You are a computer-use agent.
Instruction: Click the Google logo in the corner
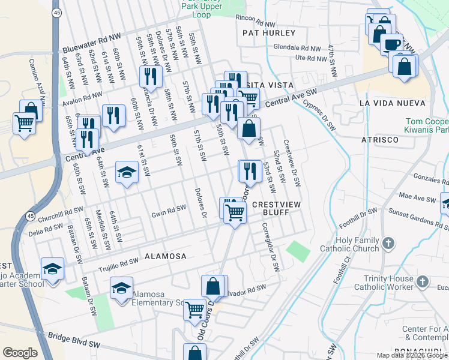pos(20,353)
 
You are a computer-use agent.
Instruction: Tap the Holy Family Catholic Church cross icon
pos(388,243)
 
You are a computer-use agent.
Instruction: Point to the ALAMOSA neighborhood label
pos(164,256)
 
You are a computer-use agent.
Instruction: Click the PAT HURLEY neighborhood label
pos(269,33)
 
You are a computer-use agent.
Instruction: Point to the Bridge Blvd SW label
pos(74,343)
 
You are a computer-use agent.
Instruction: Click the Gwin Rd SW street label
pos(168,211)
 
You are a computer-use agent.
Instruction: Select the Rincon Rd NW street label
pos(258,19)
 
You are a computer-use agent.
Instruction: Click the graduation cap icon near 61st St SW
pos(127,173)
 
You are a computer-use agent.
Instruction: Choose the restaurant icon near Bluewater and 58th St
pos(149,76)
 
